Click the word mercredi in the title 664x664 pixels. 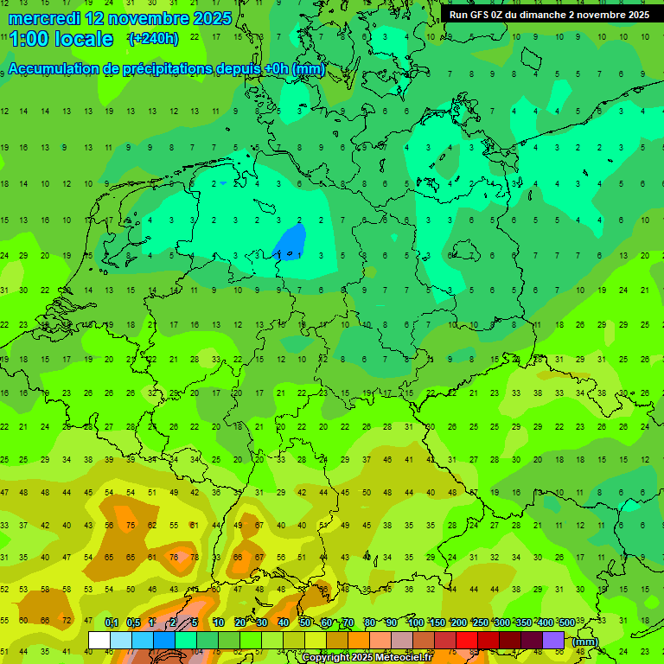click(44, 17)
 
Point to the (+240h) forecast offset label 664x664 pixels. click(153, 39)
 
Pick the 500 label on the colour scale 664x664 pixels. click(566, 622)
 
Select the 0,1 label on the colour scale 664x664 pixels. click(112, 622)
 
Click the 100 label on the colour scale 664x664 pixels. click(415, 622)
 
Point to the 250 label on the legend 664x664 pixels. click(480, 622)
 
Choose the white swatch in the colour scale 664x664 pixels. click(99, 640)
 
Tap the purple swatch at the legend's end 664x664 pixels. click(553, 640)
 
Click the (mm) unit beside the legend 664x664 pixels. click(585, 642)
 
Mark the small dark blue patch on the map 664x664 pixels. click(290, 241)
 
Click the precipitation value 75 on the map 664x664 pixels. click(131, 525)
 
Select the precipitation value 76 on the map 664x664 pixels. click(174, 557)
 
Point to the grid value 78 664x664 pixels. click(195, 557)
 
